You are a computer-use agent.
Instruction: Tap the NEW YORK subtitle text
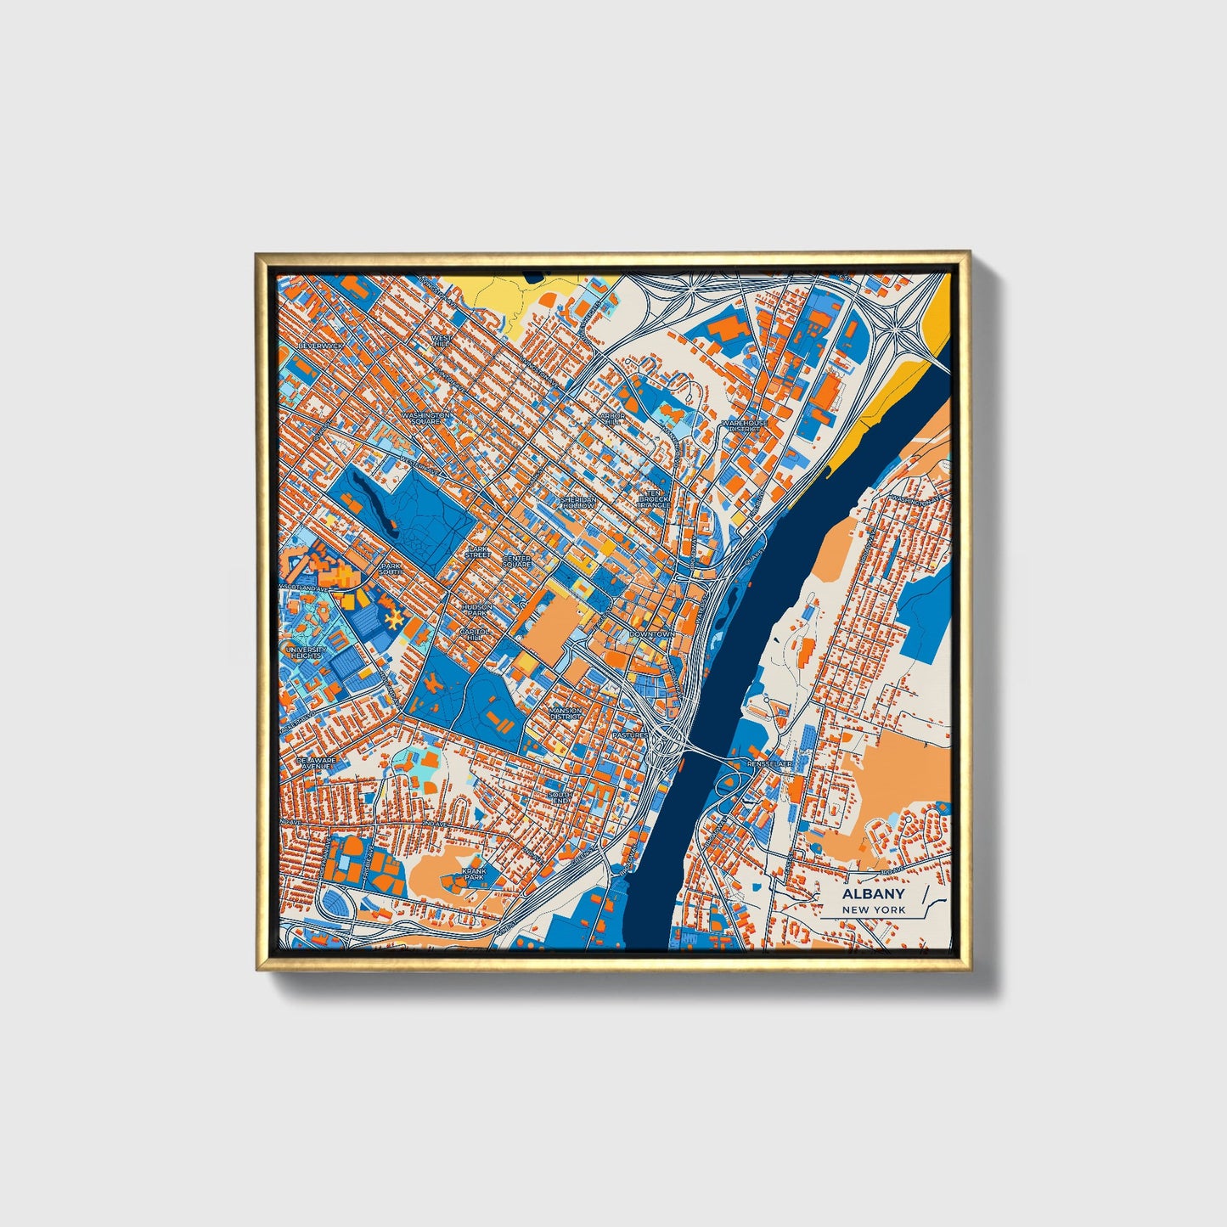click(873, 910)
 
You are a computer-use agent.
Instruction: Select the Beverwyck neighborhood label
click(318, 346)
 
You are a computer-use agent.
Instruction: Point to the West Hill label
click(442, 341)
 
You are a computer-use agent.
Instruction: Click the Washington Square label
click(425, 418)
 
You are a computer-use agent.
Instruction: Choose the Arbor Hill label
click(611, 419)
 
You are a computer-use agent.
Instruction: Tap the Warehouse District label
click(744, 425)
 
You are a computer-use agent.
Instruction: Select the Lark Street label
click(479, 552)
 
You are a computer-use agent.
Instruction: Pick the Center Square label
click(516, 561)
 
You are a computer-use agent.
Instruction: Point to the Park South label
click(391, 568)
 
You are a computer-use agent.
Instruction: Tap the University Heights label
click(307, 653)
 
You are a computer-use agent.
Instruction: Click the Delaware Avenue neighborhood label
click(316, 763)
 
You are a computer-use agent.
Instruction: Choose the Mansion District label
click(566, 713)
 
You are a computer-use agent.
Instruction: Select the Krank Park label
click(474, 874)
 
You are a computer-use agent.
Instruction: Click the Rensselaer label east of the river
click(769, 764)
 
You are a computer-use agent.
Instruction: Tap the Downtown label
click(651, 634)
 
